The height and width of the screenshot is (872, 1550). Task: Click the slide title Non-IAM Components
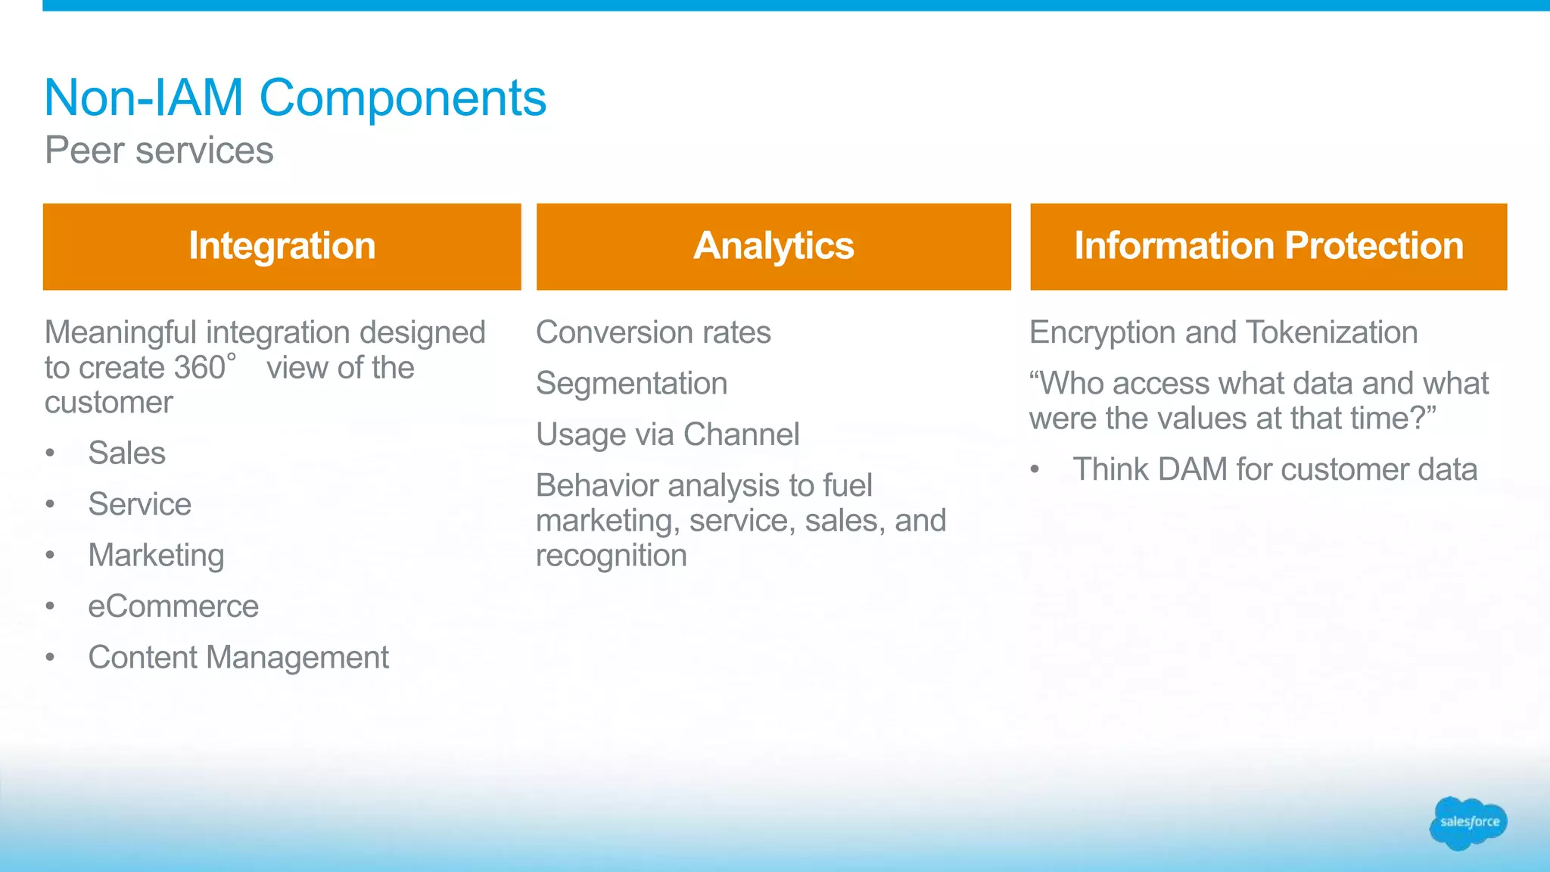(295, 98)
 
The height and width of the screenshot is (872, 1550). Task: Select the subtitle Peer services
(159, 150)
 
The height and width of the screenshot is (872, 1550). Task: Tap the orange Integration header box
(282, 246)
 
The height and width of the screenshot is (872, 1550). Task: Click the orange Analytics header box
(773, 246)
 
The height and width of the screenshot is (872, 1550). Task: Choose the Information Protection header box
(1268, 246)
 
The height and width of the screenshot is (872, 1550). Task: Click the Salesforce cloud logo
(1468, 823)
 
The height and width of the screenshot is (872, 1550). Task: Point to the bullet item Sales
(126, 453)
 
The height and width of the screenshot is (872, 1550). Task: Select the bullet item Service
(139, 504)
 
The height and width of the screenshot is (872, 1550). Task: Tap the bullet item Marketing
(156, 556)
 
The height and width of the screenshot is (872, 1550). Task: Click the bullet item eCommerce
(173, 606)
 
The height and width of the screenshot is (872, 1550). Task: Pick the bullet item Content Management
(238, 658)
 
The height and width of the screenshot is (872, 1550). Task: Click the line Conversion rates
(653, 332)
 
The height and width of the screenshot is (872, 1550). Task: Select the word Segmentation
(631, 384)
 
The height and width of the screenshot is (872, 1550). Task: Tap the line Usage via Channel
(667, 434)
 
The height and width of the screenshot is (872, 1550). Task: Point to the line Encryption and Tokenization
(1223, 332)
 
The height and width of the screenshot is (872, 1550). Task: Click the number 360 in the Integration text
(200, 368)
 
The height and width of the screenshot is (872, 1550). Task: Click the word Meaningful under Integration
(121, 332)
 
